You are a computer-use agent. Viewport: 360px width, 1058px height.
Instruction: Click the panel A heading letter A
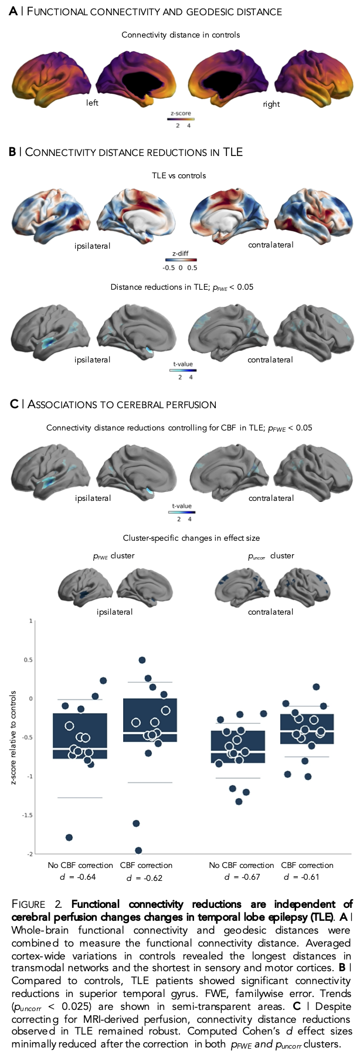[x=13, y=12]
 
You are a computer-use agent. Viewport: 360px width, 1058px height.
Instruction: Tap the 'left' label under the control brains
[x=92, y=103]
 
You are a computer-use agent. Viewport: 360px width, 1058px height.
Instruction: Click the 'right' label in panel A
[x=271, y=104]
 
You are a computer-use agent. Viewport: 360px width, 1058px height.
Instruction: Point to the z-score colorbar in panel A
[x=181, y=119]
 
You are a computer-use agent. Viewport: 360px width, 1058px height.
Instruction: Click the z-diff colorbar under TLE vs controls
[x=180, y=260]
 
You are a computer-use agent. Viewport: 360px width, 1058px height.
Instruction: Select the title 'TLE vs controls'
[x=179, y=175]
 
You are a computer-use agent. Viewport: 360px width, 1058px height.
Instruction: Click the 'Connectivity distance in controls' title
[x=181, y=35]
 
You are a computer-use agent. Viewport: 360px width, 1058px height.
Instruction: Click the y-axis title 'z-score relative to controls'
[x=13, y=737]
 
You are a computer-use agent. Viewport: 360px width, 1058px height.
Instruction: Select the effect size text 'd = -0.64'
[x=78, y=877]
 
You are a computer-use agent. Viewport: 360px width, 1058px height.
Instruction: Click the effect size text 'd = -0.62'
[x=144, y=878]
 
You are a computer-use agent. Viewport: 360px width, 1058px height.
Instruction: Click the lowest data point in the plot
[x=138, y=850]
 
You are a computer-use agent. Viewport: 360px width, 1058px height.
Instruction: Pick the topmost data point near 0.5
[x=142, y=660]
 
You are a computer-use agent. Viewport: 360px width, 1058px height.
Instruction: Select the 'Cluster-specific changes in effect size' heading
[x=191, y=538]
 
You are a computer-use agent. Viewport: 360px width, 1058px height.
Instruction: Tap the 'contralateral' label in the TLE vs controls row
[x=271, y=245]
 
